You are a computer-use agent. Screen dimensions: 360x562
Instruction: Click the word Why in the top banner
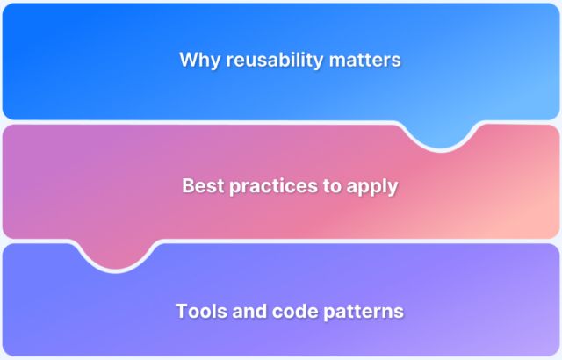pyautogui.click(x=198, y=61)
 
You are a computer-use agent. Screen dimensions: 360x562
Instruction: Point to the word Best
pyautogui.click(x=201, y=186)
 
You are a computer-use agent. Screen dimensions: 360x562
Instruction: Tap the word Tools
pyautogui.click(x=200, y=311)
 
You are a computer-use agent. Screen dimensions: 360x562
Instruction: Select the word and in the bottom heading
pyautogui.click(x=249, y=311)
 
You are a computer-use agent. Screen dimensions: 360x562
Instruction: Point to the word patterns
pyautogui.click(x=364, y=312)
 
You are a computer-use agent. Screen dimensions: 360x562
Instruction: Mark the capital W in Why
pyautogui.click(x=187, y=61)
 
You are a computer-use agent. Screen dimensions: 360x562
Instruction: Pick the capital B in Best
pyautogui.click(x=188, y=186)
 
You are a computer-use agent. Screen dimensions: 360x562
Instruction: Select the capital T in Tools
pyautogui.click(x=181, y=311)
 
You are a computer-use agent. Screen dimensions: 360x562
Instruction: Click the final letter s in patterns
pyautogui.click(x=400, y=313)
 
